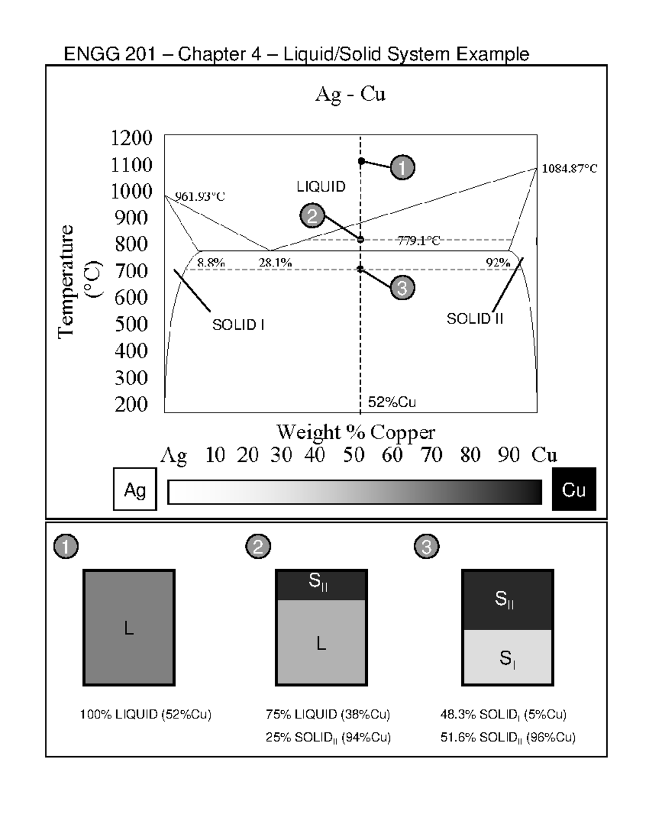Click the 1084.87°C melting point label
(569, 169)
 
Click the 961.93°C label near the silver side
(200, 197)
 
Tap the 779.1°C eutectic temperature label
(419, 241)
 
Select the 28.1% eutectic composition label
(275, 263)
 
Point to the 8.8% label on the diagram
(210, 263)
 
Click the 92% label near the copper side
(498, 263)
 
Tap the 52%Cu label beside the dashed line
(392, 402)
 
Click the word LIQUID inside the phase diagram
(321, 187)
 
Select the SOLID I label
(238, 325)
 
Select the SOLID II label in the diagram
(474, 319)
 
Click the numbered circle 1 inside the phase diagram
(402, 167)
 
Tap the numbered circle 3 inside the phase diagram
(402, 288)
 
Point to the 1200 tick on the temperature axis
(131, 138)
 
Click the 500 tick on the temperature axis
(131, 325)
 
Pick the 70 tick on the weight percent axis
(431, 455)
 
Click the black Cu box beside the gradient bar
(573, 490)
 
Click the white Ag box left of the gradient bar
(135, 490)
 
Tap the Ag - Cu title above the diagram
(350, 94)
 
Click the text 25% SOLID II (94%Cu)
(328, 738)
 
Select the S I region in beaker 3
(507, 658)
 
